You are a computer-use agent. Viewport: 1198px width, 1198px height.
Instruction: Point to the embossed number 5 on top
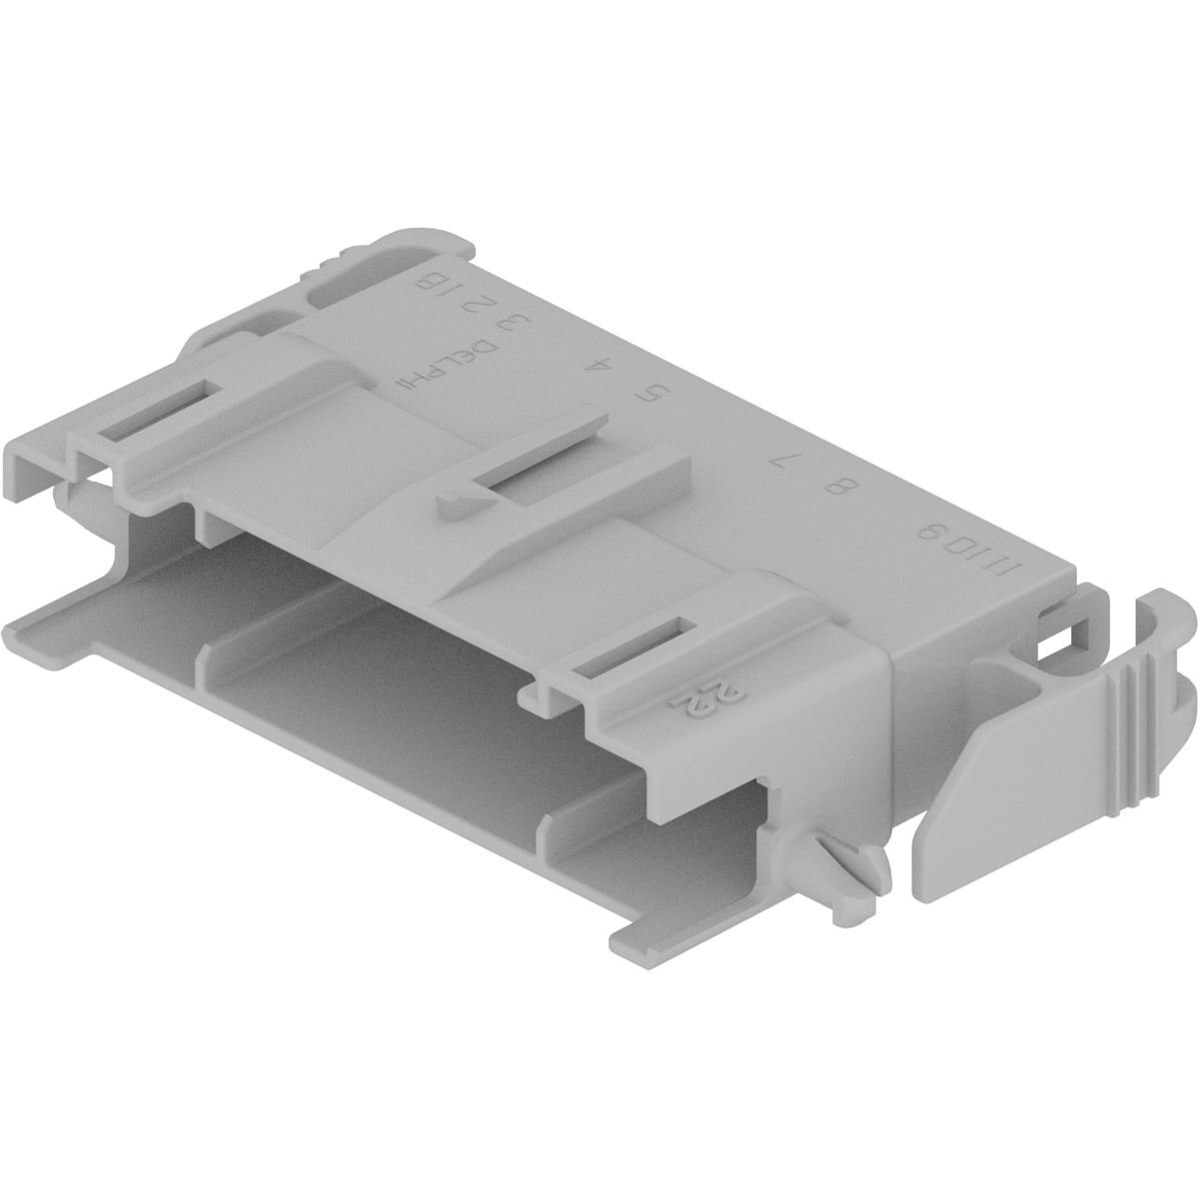click(653, 395)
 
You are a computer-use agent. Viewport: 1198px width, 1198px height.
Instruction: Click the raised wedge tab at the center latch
click(455, 500)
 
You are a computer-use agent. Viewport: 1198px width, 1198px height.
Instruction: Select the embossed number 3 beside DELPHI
click(512, 324)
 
